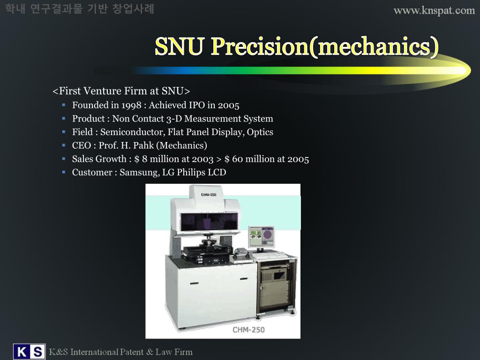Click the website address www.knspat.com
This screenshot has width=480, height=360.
coord(434,10)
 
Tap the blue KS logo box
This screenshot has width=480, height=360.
coord(29,352)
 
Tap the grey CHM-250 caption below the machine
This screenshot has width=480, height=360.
coord(248,330)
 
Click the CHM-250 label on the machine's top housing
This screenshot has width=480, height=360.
coord(208,195)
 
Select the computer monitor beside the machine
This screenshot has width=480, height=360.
coord(262,237)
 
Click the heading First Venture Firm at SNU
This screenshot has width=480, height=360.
coord(121,91)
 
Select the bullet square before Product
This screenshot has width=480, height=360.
coord(63,119)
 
